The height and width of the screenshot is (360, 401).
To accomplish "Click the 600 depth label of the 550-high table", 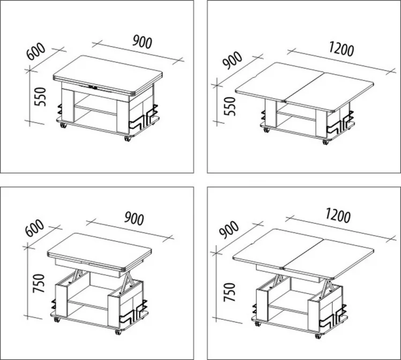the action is pyautogui.click(x=36, y=52).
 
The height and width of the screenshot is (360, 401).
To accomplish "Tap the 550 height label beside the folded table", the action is pyautogui.click(x=40, y=97).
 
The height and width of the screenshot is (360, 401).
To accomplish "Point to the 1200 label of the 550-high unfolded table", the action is pyautogui.click(x=341, y=49).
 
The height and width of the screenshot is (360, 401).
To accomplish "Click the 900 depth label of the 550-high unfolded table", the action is pyautogui.click(x=232, y=61).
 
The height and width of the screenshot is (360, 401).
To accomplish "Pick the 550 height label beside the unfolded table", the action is pyautogui.click(x=229, y=106).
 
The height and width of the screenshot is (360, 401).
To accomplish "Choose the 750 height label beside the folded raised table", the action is pyautogui.click(x=39, y=283).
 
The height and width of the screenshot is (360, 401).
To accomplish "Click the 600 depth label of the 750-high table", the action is pyautogui.click(x=35, y=228).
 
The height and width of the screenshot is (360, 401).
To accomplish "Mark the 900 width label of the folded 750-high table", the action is pyautogui.click(x=134, y=218).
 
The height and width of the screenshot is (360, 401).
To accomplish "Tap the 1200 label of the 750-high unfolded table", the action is pyautogui.click(x=338, y=216).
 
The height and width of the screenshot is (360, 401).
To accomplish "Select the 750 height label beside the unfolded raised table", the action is pyautogui.click(x=229, y=292).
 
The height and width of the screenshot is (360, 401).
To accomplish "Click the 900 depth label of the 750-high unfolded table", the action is pyautogui.click(x=229, y=230).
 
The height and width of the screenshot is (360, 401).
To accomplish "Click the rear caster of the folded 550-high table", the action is pyautogui.click(x=63, y=126).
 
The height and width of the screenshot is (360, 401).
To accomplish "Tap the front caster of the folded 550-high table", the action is pyautogui.click(x=127, y=138).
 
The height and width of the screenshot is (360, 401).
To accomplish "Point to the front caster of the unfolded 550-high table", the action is pyautogui.click(x=325, y=143).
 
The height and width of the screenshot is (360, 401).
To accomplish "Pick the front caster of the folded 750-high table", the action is pyautogui.click(x=118, y=332).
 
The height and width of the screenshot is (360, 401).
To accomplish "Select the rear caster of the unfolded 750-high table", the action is pyautogui.click(x=258, y=324).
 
